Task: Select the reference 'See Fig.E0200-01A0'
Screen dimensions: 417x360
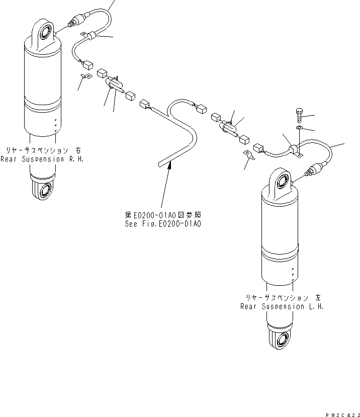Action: click(163, 224)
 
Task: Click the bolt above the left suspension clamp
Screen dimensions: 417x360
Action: click(299, 114)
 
